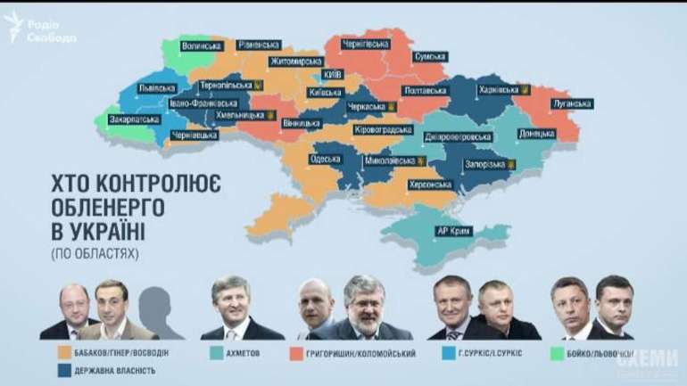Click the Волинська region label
pyautogui.click(x=200, y=43)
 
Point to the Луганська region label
pyautogui.click(x=571, y=103)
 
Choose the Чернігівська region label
pyautogui.click(x=367, y=43)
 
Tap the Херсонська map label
pyautogui.click(x=428, y=185)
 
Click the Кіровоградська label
pyautogui.click(x=381, y=129)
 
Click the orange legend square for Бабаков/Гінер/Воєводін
pyautogui.click(x=63, y=353)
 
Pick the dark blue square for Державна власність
pyautogui.click(x=63, y=371)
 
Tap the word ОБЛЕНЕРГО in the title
pyautogui.click(x=112, y=210)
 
